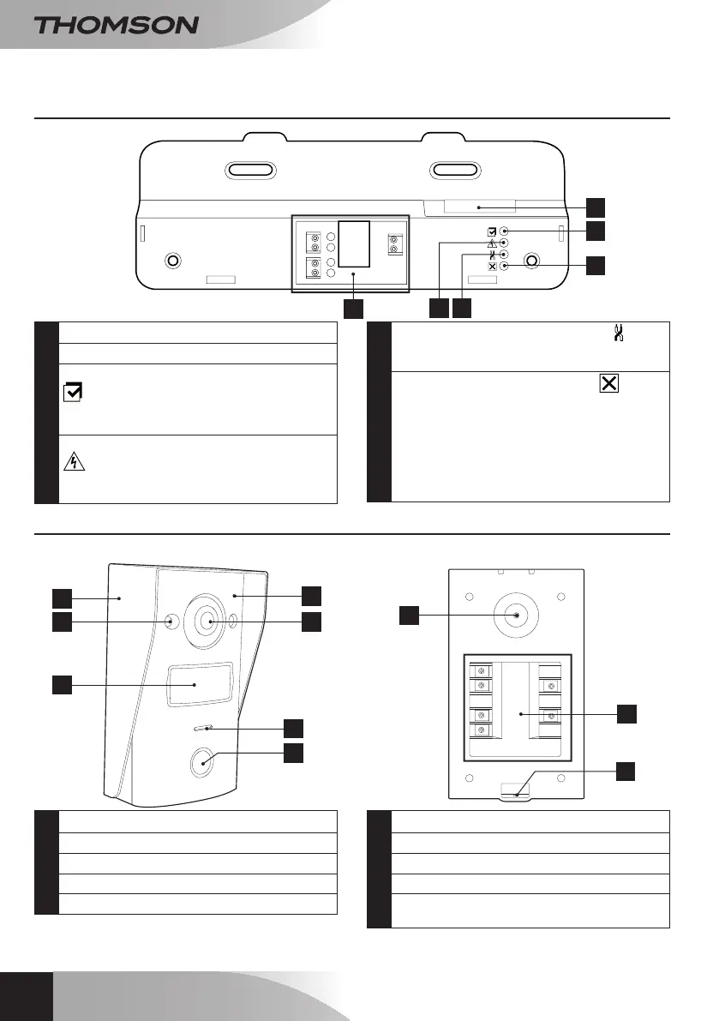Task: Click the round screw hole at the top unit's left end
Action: (x=171, y=260)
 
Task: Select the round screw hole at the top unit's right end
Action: (x=532, y=260)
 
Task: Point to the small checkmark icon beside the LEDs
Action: (x=492, y=231)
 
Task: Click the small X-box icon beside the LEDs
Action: (x=492, y=267)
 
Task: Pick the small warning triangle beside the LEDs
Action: (x=492, y=243)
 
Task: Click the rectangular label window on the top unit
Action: (x=470, y=207)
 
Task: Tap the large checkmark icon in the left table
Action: (x=74, y=393)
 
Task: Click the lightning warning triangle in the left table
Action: (x=74, y=460)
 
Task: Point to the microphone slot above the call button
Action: (x=203, y=729)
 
